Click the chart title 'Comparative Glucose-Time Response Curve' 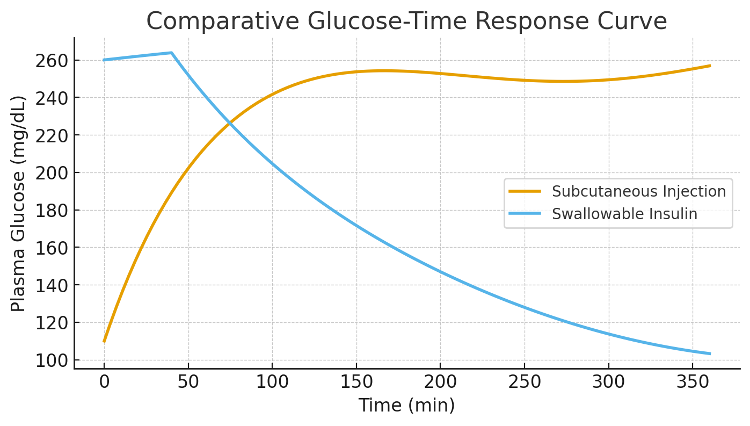point(406,21)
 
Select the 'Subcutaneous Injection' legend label point(638,191)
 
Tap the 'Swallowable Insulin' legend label point(624,214)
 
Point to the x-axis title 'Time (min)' point(406,406)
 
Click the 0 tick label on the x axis point(104,382)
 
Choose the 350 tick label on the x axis point(693,382)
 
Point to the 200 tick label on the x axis point(440,382)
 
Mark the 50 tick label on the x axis point(188,382)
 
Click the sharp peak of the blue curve point(171,53)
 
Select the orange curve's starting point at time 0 point(104,342)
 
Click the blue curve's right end point(710,353)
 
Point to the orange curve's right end point(710,66)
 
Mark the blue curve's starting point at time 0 point(104,60)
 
